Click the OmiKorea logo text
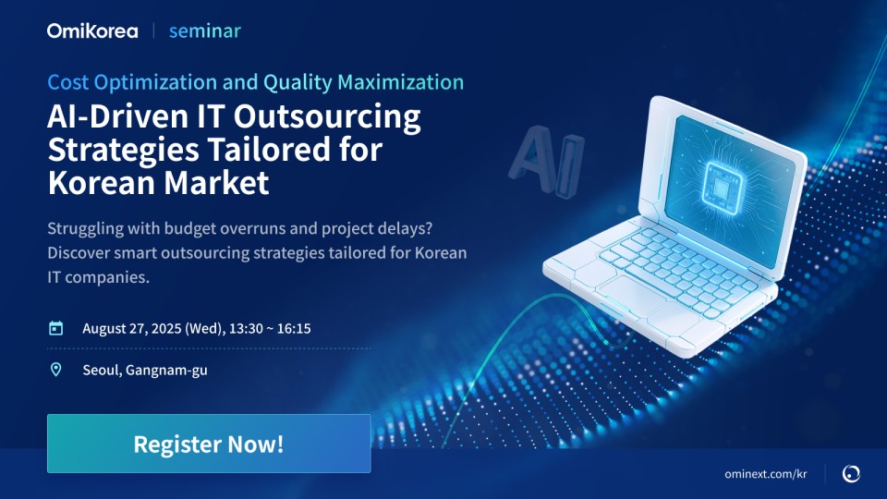coord(92,30)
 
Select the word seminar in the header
coord(205,31)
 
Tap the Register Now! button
coord(209,444)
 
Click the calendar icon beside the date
coord(56,328)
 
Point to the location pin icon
coord(56,370)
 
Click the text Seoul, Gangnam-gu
coord(145,370)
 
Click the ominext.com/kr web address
coord(765,473)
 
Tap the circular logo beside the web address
coord(851,473)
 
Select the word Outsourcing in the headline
coord(327,117)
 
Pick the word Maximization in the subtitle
coord(400,82)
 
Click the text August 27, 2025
coord(132,329)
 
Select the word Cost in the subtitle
coord(67,82)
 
